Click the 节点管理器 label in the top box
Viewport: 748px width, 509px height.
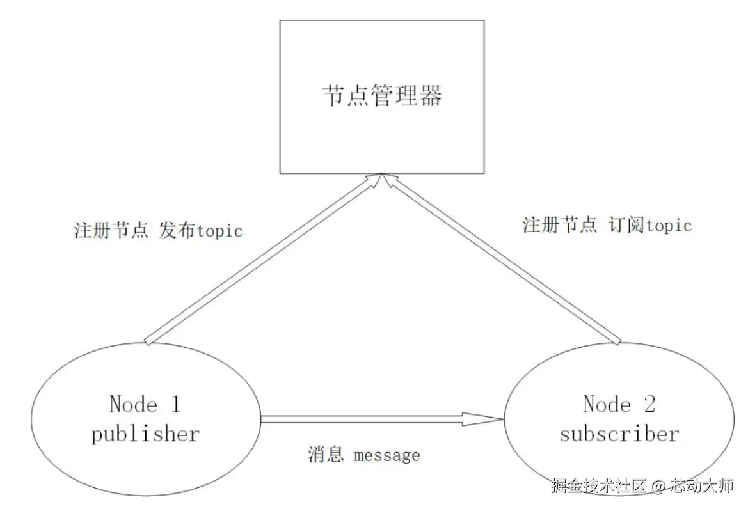click(382, 97)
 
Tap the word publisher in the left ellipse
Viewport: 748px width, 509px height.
click(145, 435)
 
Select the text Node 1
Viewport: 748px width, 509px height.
click(145, 405)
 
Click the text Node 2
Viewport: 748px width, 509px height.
click(619, 404)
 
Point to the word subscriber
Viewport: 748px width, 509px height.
click(619, 434)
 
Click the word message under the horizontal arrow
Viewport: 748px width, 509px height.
click(387, 455)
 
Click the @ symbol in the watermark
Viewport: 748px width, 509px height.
click(658, 486)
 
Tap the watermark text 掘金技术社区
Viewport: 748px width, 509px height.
click(599, 486)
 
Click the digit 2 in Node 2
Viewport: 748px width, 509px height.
click(649, 404)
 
